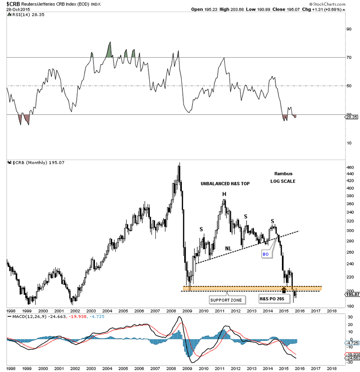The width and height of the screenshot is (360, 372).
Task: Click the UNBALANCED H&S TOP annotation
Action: [225, 184]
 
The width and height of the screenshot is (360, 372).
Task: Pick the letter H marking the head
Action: [224, 194]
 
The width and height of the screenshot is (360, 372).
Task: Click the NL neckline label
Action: [228, 248]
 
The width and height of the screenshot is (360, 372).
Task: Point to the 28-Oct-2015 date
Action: [15, 9]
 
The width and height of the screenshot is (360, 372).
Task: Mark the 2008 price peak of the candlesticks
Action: [180, 163]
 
